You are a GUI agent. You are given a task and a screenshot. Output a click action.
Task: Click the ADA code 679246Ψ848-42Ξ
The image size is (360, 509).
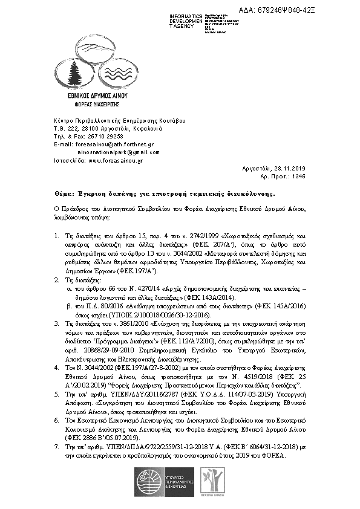coord(310,10)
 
